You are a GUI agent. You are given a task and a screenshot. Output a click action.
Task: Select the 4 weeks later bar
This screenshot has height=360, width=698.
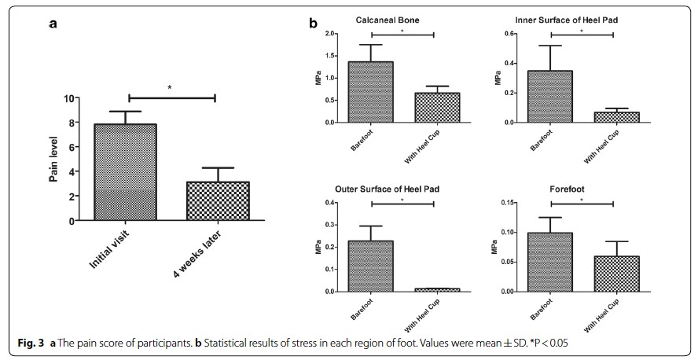(x=206, y=201)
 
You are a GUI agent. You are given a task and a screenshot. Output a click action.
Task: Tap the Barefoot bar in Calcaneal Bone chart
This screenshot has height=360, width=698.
(x=371, y=92)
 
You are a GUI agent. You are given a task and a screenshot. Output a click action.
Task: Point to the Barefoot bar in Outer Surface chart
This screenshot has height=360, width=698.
(x=371, y=266)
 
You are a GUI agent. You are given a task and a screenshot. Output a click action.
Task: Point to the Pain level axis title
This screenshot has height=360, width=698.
(x=54, y=160)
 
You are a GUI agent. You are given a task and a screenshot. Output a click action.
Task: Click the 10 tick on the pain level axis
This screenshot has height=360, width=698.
(x=69, y=98)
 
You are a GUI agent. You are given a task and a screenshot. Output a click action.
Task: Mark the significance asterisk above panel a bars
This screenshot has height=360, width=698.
(x=170, y=88)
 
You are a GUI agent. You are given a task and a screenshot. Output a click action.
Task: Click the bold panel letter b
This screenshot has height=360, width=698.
(x=312, y=24)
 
